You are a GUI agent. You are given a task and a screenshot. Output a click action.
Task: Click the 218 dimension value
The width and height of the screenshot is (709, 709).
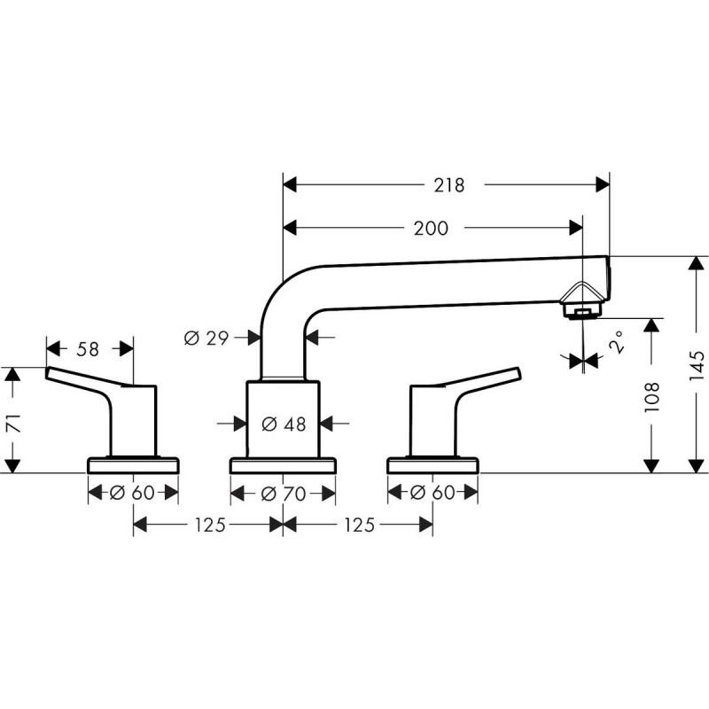[449, 185]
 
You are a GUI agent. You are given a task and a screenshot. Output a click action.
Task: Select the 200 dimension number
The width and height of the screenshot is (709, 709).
[431, 229]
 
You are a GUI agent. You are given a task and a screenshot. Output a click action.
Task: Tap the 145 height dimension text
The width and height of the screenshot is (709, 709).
[697, 365]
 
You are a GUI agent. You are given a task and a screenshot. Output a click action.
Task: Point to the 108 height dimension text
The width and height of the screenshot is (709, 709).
[652, 394]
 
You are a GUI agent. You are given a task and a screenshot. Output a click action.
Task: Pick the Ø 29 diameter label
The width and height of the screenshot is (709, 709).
[206, 338]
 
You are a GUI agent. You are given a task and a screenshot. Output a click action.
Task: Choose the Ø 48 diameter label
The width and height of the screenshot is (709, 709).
[284, 425]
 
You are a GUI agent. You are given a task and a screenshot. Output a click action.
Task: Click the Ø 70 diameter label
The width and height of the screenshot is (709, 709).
[284, 494]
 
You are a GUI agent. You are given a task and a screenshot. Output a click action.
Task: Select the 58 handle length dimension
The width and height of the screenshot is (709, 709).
[88, 349]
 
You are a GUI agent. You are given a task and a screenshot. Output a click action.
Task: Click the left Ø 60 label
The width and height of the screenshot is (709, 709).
[133, 494]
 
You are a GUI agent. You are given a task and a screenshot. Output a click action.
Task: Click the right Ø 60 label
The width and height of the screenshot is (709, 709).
[432, 494]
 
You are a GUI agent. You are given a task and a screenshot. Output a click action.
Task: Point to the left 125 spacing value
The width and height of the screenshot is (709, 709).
[208, 526]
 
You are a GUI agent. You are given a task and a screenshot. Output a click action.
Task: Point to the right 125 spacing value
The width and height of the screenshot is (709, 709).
[358, 526]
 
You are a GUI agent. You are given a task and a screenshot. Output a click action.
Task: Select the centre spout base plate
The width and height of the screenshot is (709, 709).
[284, 464]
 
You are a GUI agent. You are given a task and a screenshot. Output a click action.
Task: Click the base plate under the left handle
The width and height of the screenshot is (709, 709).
[133, 464]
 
